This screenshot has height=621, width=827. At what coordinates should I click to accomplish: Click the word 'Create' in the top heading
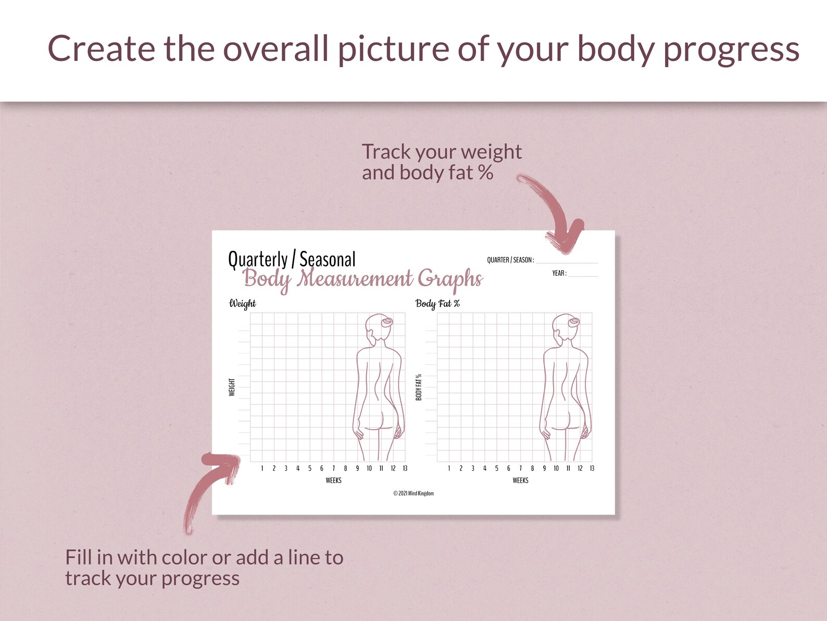(x=102, y=49)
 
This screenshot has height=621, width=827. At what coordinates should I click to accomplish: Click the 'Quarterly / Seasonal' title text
(x=292, y=259)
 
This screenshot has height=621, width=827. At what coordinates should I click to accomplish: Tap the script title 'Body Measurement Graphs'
(x=363, y=279)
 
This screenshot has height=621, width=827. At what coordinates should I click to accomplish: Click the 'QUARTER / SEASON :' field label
(x=510, y=260)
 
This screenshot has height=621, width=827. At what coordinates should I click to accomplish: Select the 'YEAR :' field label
(x=559, y=273)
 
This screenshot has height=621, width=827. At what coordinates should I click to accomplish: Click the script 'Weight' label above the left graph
(x=242, y=303)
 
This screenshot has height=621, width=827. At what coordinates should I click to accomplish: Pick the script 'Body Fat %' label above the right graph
(x=437, y=303)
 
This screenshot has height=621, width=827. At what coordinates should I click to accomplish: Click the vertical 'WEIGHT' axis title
(x=232, y=387)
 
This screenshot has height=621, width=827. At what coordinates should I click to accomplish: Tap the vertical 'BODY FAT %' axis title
(x=419, y=387)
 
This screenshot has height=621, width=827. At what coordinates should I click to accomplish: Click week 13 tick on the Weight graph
(x=405, y=468)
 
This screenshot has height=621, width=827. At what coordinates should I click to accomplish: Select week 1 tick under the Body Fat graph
(x=449, y=468)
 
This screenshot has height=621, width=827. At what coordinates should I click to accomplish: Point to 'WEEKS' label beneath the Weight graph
(x=333, y=480)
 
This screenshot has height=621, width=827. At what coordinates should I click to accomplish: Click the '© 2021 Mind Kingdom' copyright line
(x=413, y=493)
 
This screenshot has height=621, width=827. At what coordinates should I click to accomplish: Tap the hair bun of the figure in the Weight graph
(x=387, y=322)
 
